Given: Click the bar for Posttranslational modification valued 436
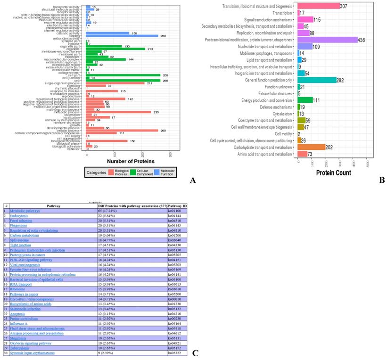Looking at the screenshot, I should (327, 40).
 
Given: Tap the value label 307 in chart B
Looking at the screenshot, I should (346, 6).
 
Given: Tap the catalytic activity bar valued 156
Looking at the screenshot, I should (107, 33).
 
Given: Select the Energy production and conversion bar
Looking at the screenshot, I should (305, 100).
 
